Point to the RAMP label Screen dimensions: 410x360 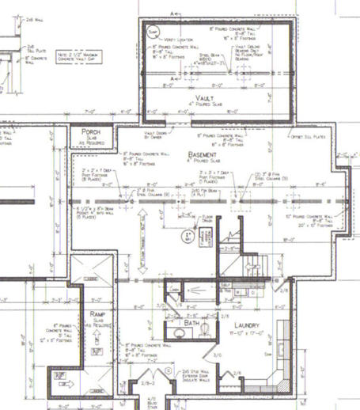click(98, 302)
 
